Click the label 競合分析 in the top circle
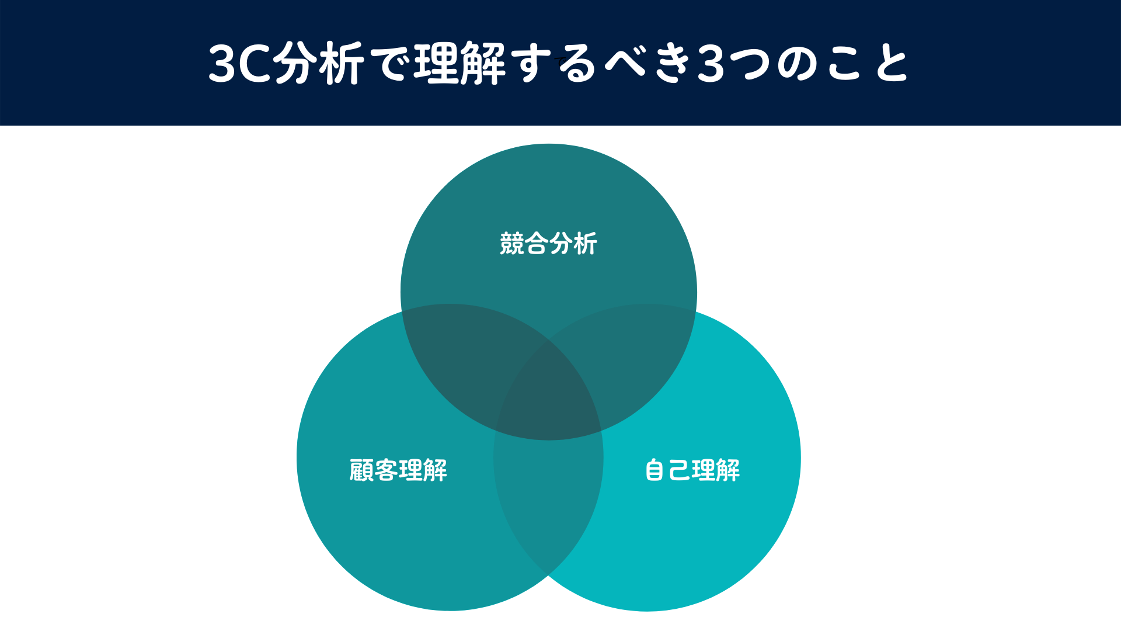coord(548,244)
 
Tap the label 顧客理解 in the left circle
coord(398,470)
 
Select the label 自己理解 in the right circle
coord(692,470)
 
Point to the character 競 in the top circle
coord(512,244)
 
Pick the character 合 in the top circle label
coord(536,244)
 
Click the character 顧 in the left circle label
coord(361,470)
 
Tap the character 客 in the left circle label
coord(386,470)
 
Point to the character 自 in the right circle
coord(655,470)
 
